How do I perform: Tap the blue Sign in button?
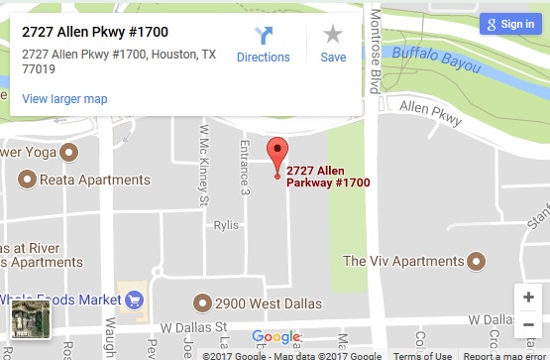508,24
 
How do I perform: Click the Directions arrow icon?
263,36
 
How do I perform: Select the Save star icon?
333,35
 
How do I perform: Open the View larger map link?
64,98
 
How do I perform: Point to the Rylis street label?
226,225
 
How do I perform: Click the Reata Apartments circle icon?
26,180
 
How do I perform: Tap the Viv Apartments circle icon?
476,261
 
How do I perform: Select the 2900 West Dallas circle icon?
203,301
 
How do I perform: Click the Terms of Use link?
423,355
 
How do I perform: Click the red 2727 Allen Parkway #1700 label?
327,176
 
